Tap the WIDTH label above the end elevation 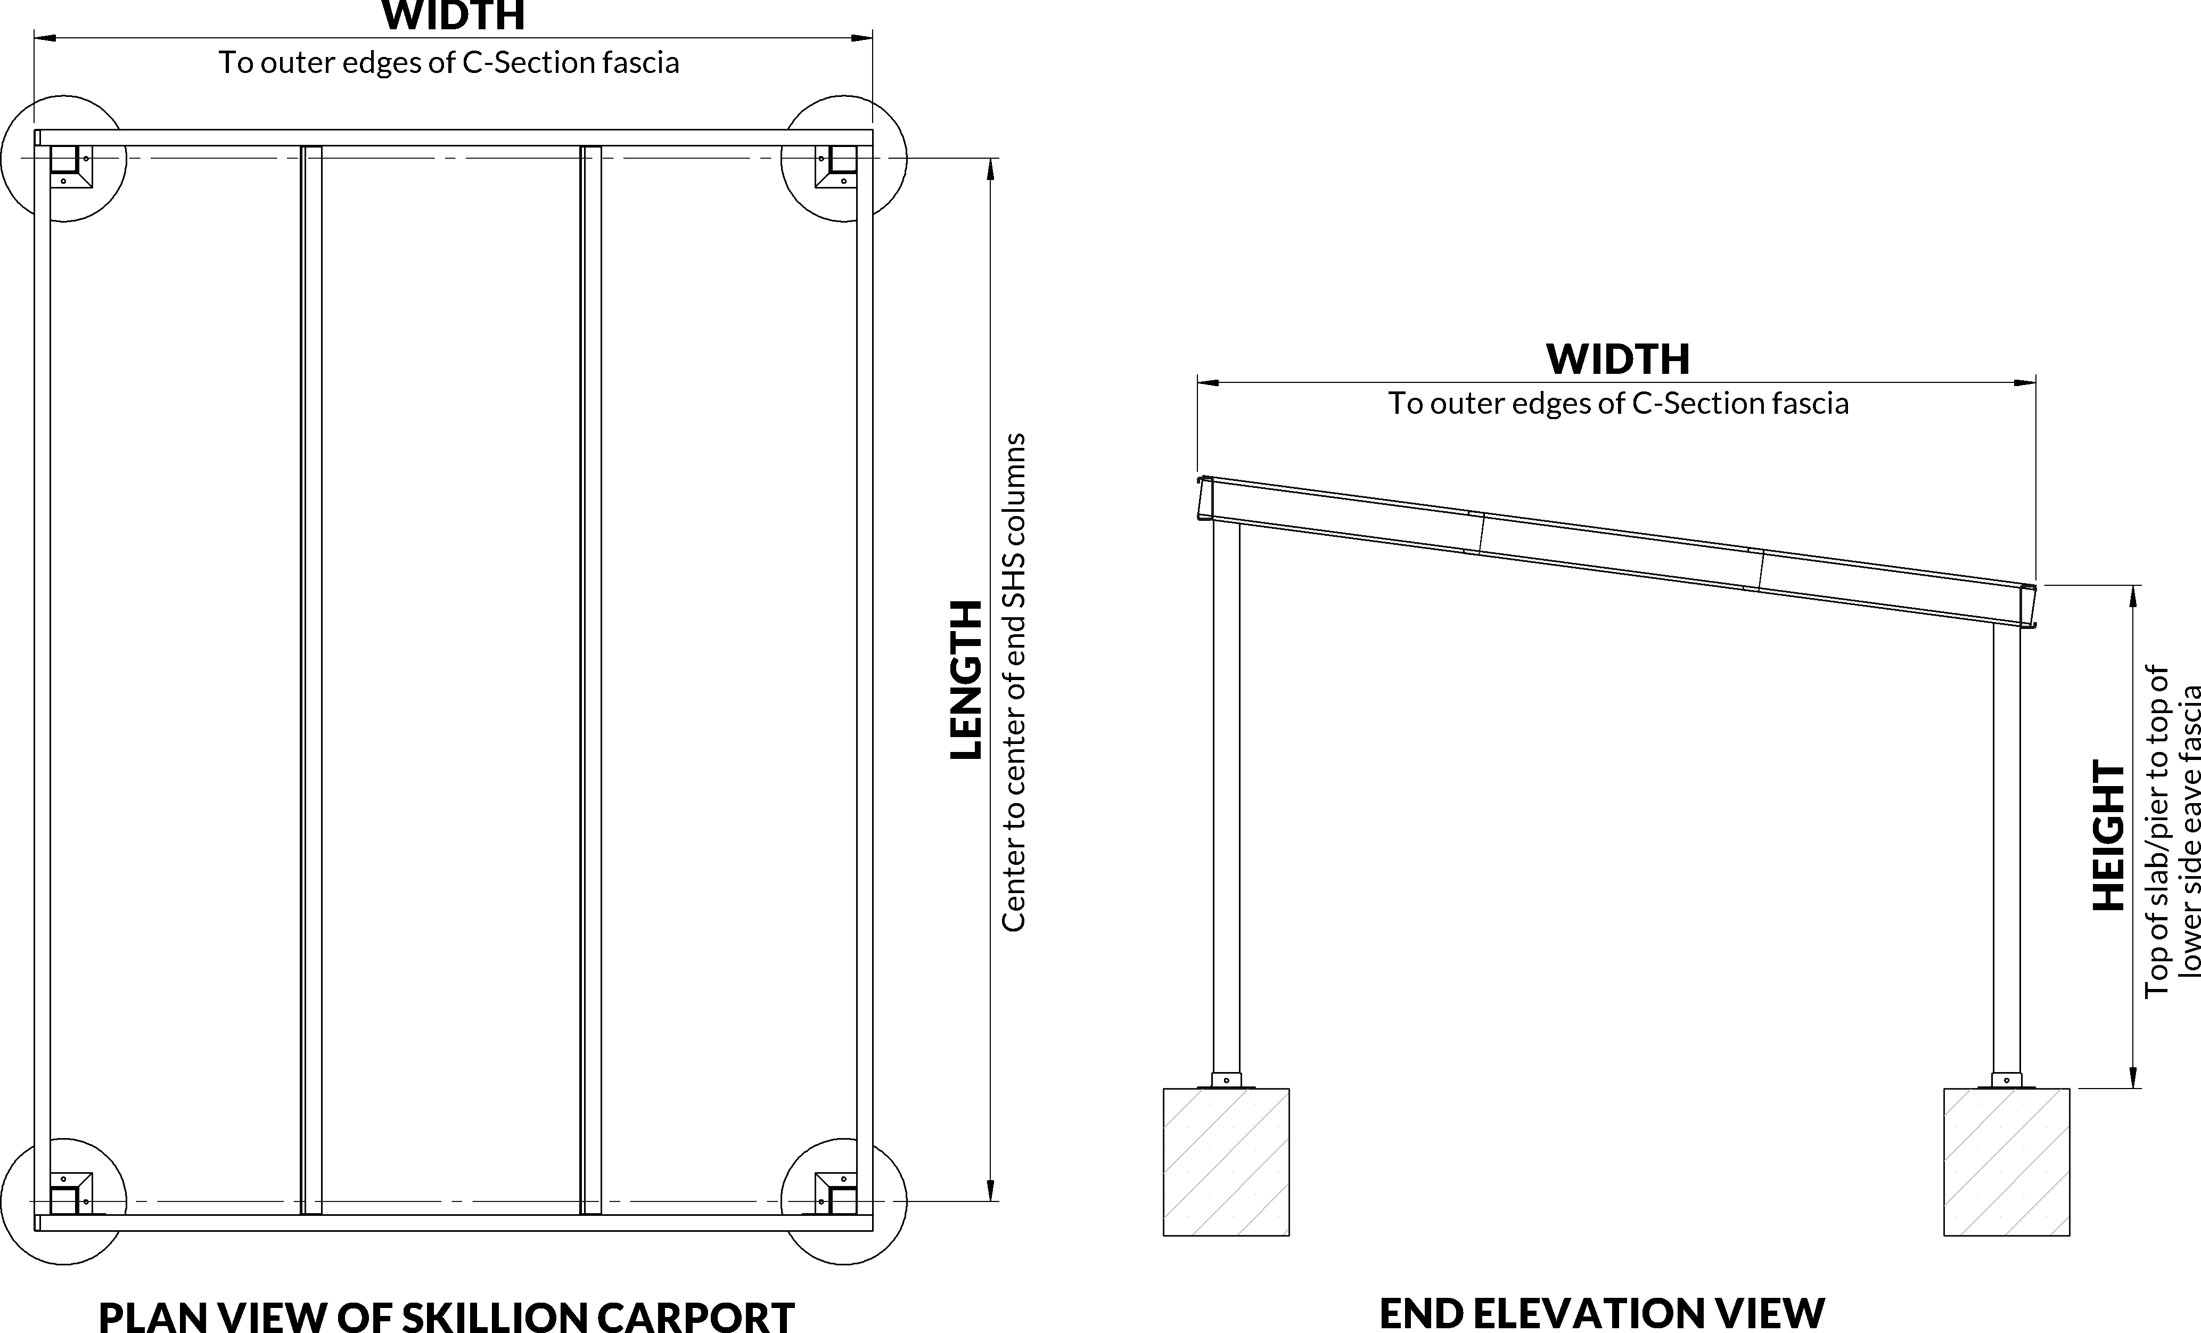click(1617, 359)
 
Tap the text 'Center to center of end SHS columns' click(1013, 683)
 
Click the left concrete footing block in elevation click(1226, 1162)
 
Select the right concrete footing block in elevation click(2006, 1162)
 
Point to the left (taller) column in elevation click(1226, 795)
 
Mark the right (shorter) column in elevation click(2006, 849)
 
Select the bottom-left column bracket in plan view click(71, 1193)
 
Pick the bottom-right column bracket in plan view click(836, 1193)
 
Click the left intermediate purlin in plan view click(311, 679)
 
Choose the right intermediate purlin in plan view click(590, 679)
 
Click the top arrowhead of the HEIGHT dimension click(2132, 595)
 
